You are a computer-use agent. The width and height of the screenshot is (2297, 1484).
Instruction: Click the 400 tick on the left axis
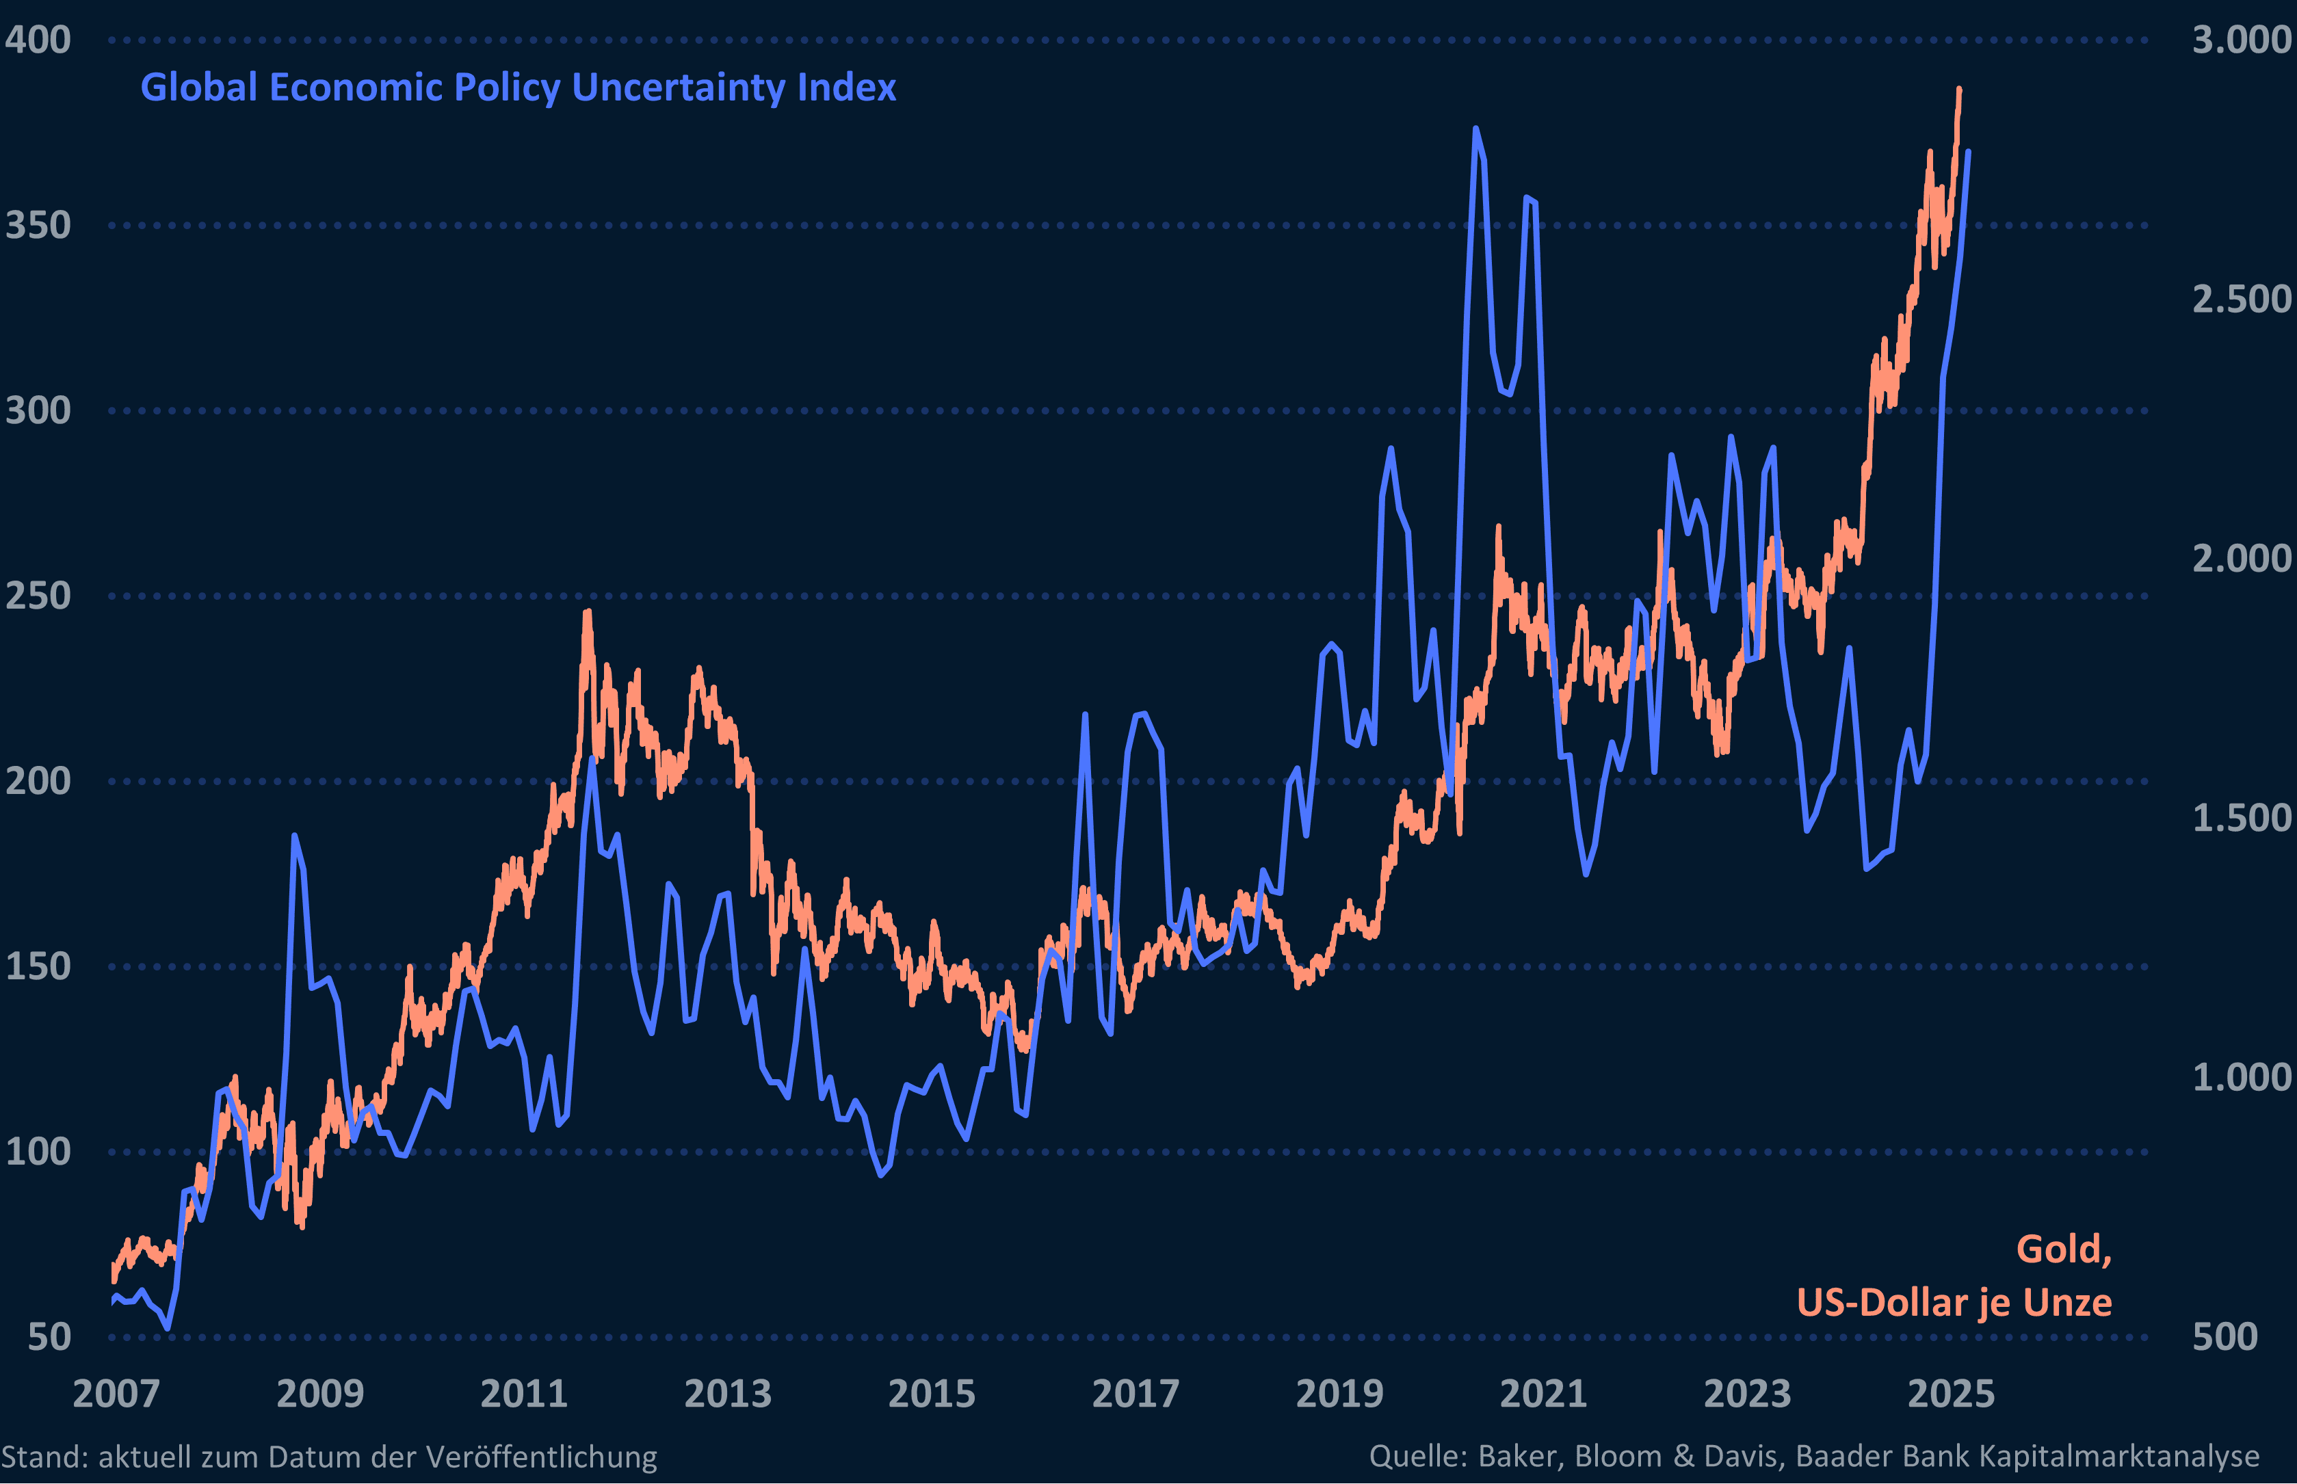click(x=38, y=40)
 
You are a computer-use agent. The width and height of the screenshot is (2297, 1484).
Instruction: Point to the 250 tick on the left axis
click(x=38, y=596)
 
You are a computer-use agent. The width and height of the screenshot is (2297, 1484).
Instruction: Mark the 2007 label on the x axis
click(x=116, y=1394)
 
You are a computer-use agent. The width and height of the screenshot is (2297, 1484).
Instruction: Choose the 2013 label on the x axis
click(x=728, y=1394)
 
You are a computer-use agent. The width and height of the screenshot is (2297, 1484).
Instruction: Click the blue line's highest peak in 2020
click(x=1475, y=128)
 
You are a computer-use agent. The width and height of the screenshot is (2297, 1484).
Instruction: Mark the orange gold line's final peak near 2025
click(x=1958, y=89)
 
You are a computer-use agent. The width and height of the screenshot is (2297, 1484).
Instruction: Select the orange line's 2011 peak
click(x=587, y=611)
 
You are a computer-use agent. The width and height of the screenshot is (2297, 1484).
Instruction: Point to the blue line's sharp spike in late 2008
click(x=294, y=836)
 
